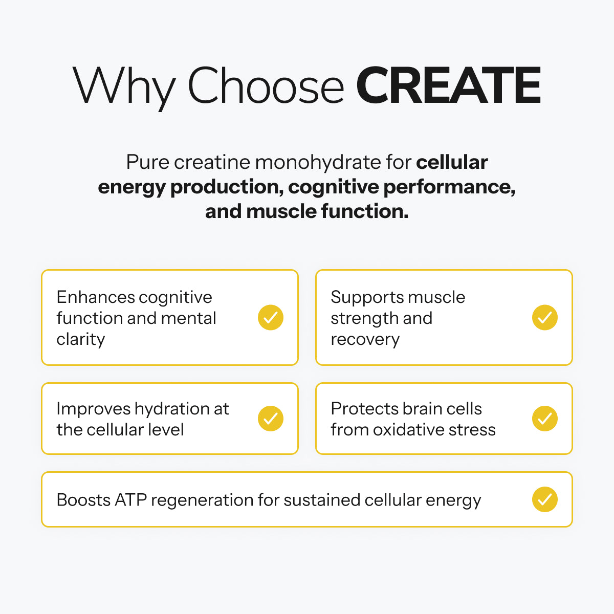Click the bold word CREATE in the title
tap(448, 85)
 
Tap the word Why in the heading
tap(124, 87)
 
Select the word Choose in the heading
tap(266, 85)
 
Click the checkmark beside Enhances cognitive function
tap(271, 317)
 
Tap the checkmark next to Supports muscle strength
tap(545, 317)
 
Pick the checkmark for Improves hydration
tap(271, 419)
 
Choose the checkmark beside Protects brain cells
tap(545, 419)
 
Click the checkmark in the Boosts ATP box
tap(545, 499)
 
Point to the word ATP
tap(130, 499)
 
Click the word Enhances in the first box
tap(96, 297)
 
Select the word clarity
tap(81, 340)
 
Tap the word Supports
tap(367, 298)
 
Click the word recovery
tap(365, 340)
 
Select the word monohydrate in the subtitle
tap(318, 162)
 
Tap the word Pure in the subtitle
tap(147, 162)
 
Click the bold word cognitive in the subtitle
tap(333, 187)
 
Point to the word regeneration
tap(202, 500)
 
